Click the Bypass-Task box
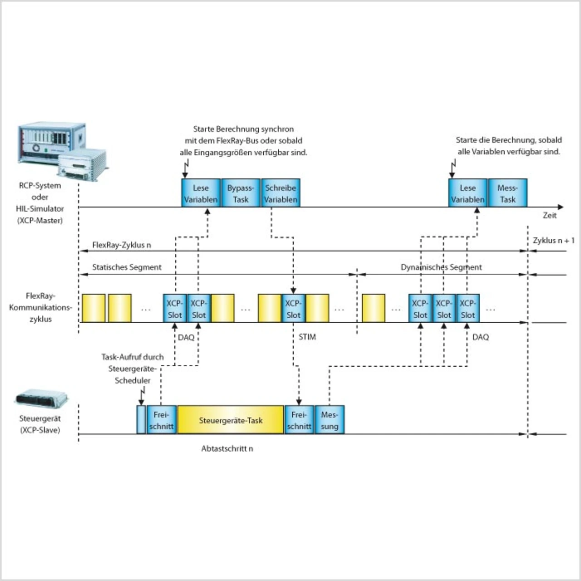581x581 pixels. click(x=241, y=193)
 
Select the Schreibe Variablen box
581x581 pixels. click(x=281, y=193)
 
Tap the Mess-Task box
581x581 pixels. click(x=507, y=193)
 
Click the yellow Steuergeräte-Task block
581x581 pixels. click(x=231, y=420)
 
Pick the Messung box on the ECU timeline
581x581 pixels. click(x=330, y=420)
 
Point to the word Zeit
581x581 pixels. click(x=550, y=216)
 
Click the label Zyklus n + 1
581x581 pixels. click(x=553, y=240)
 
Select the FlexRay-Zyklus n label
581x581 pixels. click(x=122, y=245)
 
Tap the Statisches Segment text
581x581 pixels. click(x=127, y=267)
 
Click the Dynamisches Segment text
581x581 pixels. click(x=441, y=267)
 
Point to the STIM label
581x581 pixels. click(x=307, y=337)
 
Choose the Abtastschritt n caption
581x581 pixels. click(x=227, y=448)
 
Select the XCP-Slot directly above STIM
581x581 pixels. click(x=293, y=309)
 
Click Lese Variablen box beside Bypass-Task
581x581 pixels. click(x=201, y=193)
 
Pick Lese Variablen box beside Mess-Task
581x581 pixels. click(x=468, y=193)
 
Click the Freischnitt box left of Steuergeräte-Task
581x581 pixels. click(x=161, y=420)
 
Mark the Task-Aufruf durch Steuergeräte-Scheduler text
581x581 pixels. click(x=133, y=369)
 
